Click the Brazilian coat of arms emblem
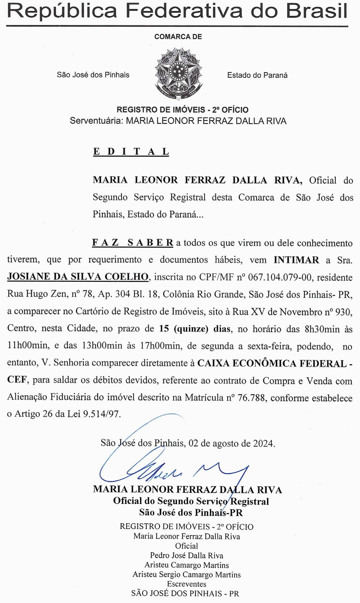(x=178, y=74)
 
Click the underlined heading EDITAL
(x=131, y=152)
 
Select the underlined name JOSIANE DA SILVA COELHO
(x=78, y=277)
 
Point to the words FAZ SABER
(x=132, y=243)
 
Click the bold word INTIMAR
(x=296, y=260)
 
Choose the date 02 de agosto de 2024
(x=232, y=443)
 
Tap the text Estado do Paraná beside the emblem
(x=257, y=75)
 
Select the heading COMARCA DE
(x=178, y=37)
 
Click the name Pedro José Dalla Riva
(x=187, y=556)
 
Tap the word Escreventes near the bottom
(x=187, y=584)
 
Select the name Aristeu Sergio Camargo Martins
(x=187, y=575)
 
